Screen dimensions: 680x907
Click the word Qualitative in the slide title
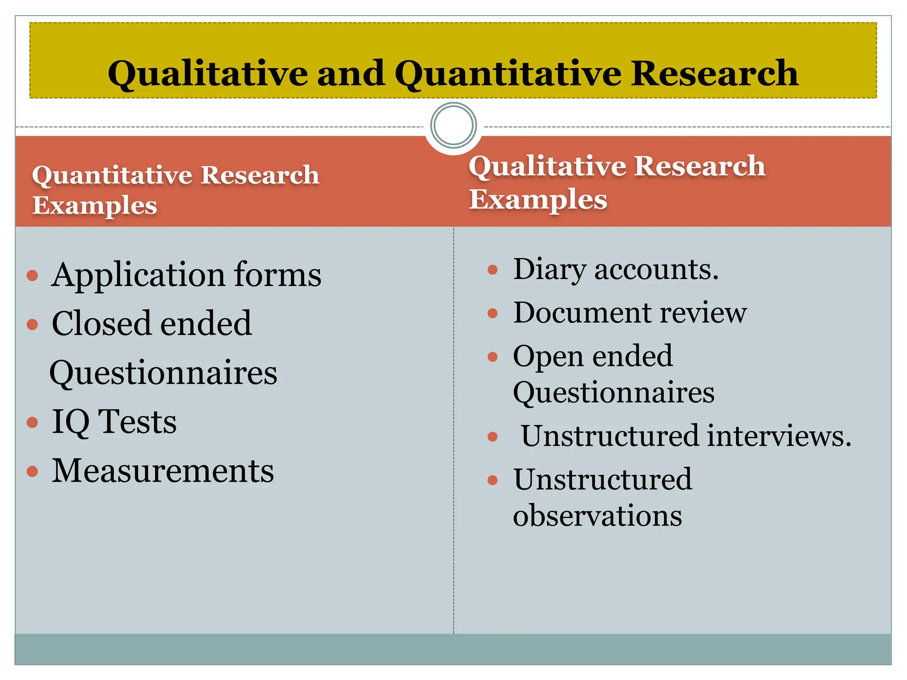click(208, 73)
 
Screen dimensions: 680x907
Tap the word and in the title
click(351, 73)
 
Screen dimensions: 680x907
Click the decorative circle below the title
click(453, 125)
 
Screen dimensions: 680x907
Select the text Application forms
click(186, 275)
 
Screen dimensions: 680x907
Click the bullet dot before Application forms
click(32, 276)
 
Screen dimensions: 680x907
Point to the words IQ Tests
click(114, 421)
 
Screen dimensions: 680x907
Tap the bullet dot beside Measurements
click(32, 471)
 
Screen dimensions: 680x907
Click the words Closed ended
click(152, 324)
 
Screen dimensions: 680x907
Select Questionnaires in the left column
click(163, 373)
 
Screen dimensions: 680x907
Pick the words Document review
click(630, 313)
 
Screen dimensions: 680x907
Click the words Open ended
click(593, 356)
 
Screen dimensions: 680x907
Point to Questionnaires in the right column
click(614, 392)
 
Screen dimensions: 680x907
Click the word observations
click(597, 516)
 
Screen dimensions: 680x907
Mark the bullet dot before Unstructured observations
click(492, 480)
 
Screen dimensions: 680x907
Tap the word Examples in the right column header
click(538, 199)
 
